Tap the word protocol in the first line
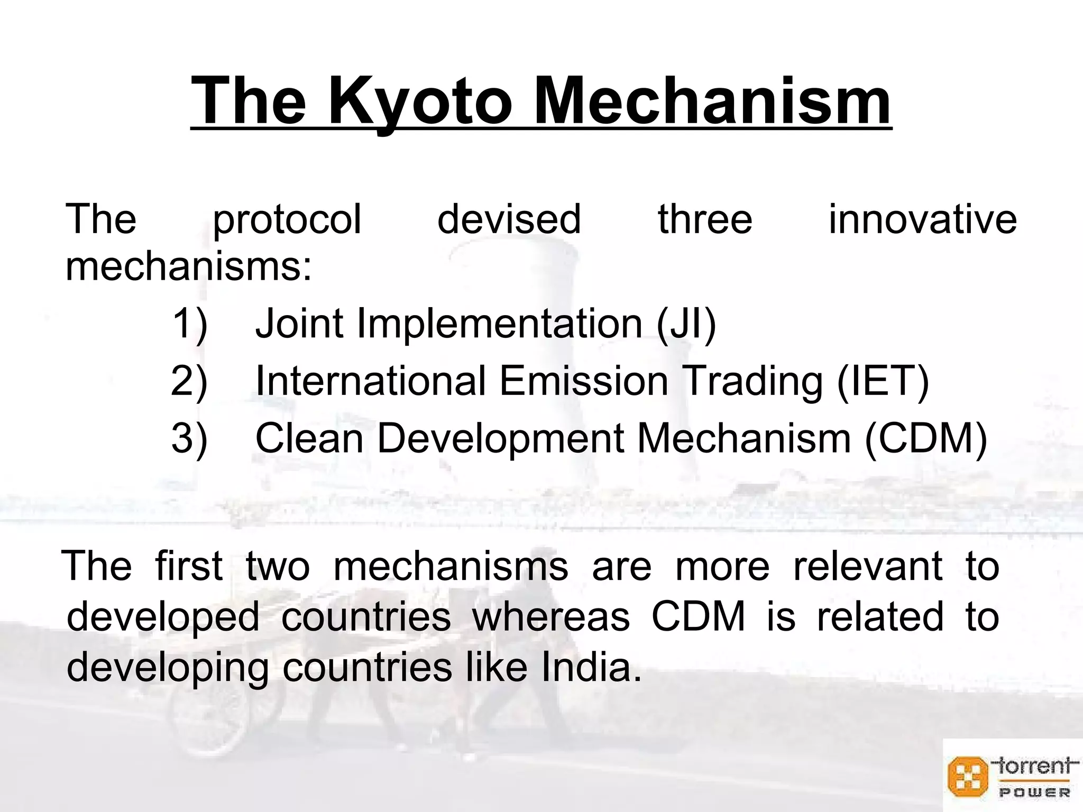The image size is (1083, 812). tap(287, 219)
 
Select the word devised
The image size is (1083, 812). tap(509, 219)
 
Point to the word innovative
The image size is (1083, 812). tap(922, 219)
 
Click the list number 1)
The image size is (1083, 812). tap(190, 324)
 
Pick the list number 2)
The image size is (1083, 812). tap(190, 381)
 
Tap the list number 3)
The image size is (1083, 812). tap(190, 438)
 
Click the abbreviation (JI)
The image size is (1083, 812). tap(686, 324)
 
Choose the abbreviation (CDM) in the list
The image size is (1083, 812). tap(926, 438)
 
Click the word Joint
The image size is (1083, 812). tap(299, 324)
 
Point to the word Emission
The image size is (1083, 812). tap(584, 381)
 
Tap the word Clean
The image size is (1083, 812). tap(309, 438)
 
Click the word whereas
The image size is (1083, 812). tap(550, 617)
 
